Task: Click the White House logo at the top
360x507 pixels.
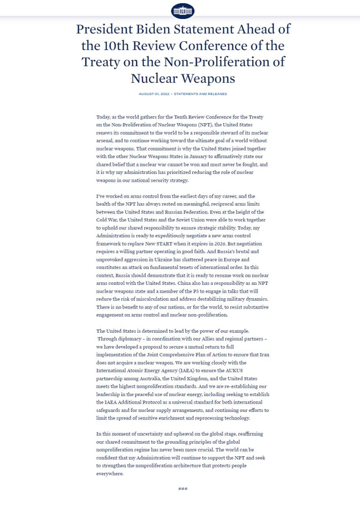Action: [x=183, y=11]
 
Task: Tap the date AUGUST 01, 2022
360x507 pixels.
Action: [x=154, y=94]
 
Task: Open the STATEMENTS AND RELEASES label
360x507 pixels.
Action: [x=200, y=94]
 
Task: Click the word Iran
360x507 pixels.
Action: [x=264, y=355]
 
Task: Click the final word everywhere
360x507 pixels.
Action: [x=110, y=473]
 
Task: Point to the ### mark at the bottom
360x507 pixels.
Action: [x=183, y=489]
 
